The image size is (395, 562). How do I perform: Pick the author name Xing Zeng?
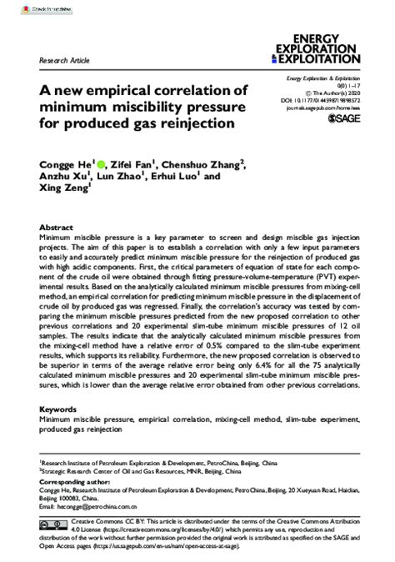[x=63, y=191]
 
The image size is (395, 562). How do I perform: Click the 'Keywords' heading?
[x=60, y=410]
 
